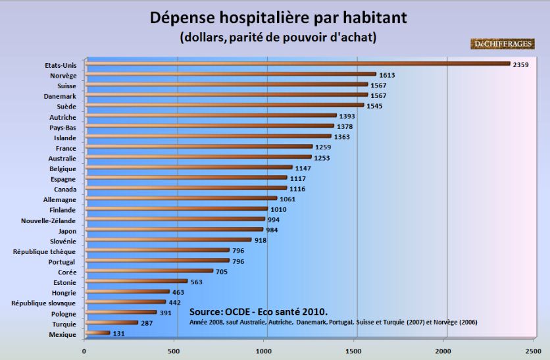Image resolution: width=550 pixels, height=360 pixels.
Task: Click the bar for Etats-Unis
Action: pyautogui.click(x=296, y=64)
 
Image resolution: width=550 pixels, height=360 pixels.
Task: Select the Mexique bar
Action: pyautogui.click(x=97, y=333)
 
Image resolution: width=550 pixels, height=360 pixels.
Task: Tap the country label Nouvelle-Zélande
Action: pyautogui.click(x=49, y=220)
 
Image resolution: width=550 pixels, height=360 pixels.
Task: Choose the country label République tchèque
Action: pyautogui.click(x=45, y=251)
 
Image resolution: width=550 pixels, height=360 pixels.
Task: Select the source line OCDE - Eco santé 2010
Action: pyautogui.click(x=258, y=311)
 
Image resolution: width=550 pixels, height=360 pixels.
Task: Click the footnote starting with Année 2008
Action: pyautogui.click(x=333, y=322)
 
